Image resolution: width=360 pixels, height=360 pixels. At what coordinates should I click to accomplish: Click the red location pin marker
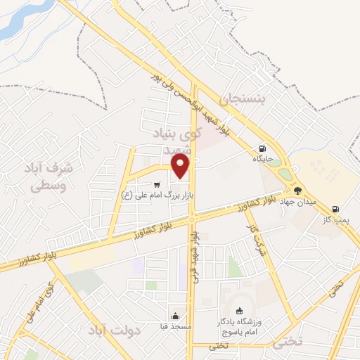(x=181, y=166)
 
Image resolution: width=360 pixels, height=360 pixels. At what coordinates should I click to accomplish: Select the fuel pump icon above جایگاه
(x=262, y=148)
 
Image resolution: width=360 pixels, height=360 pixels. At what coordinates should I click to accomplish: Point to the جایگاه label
(x=262, y=160)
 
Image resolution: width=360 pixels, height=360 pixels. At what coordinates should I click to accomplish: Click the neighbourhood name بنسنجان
(x=244, y=101)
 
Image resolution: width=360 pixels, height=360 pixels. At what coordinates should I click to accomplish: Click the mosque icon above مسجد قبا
(x=175, y=315)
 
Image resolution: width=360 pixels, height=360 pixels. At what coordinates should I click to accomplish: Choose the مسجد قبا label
(x=175, y=326)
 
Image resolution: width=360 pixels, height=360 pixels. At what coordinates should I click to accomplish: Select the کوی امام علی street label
(x=40, y=302)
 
